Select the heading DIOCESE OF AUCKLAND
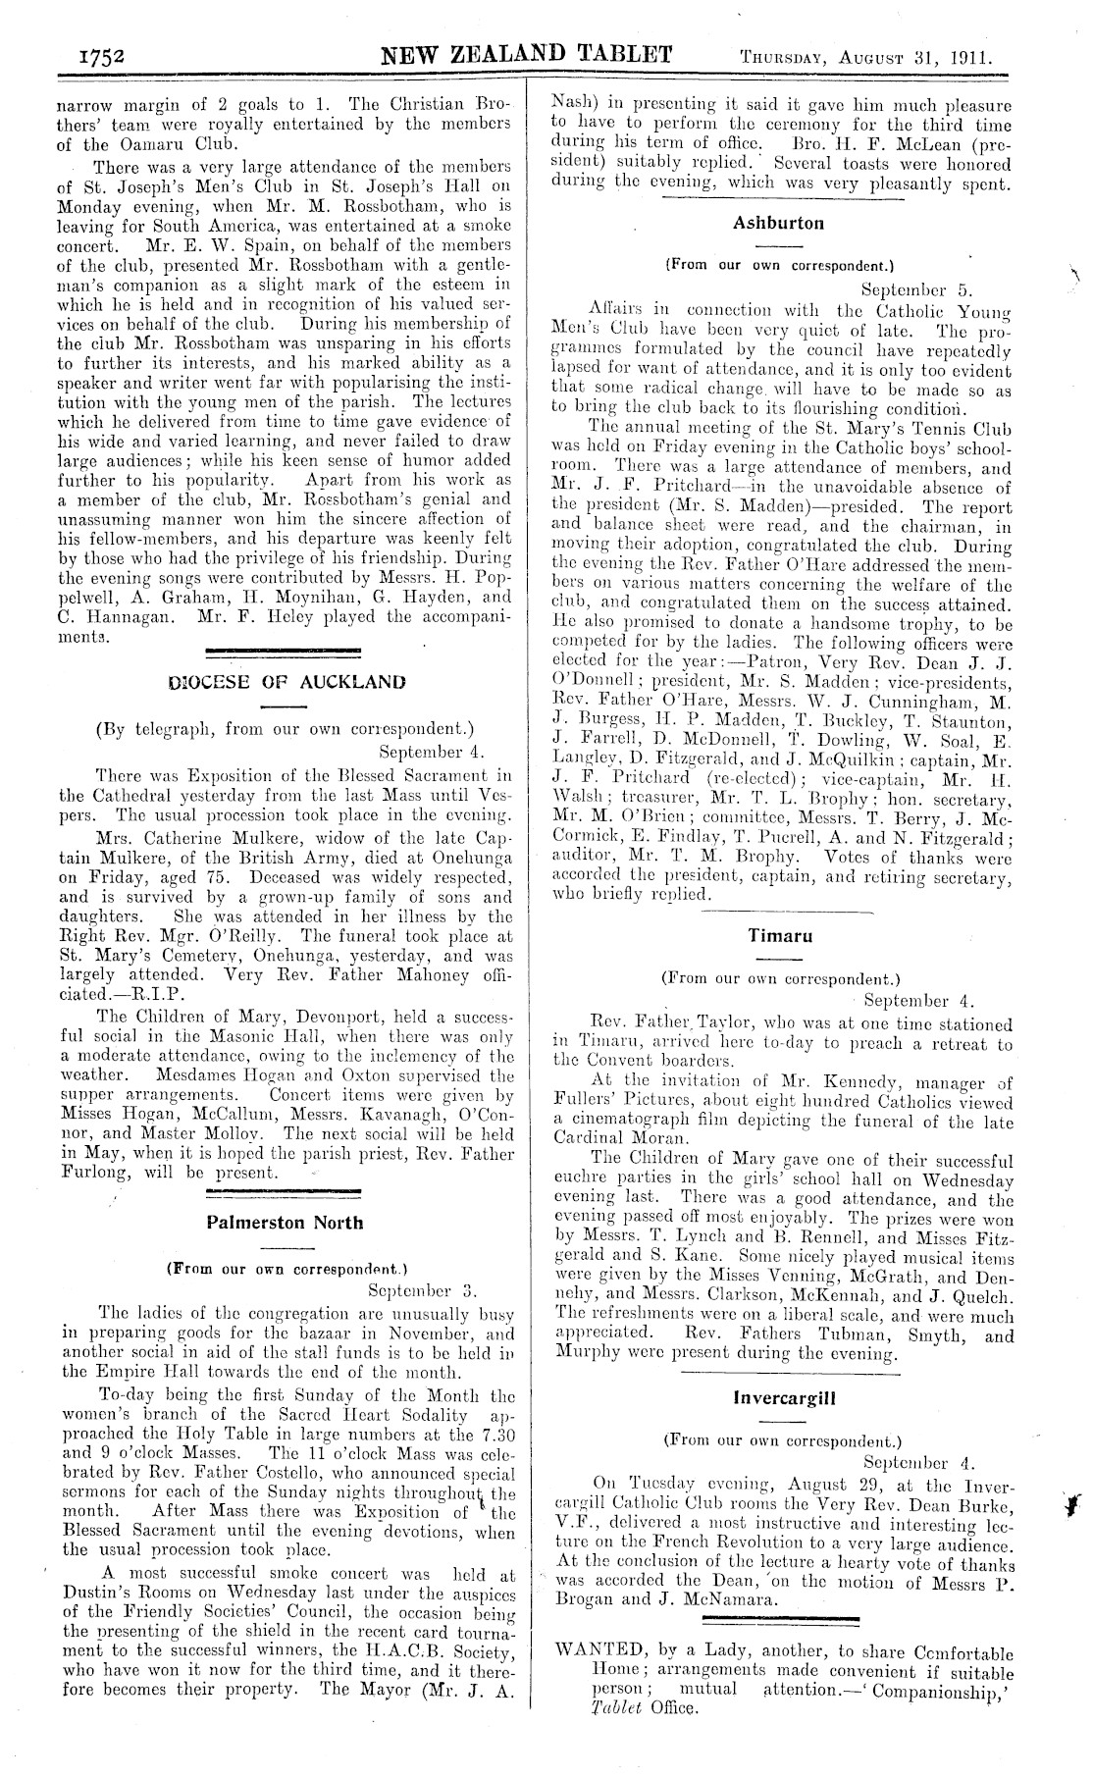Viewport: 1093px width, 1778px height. point(274,681)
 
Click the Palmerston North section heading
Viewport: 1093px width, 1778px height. point(285,1223)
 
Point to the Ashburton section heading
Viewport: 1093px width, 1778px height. point(778,223)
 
